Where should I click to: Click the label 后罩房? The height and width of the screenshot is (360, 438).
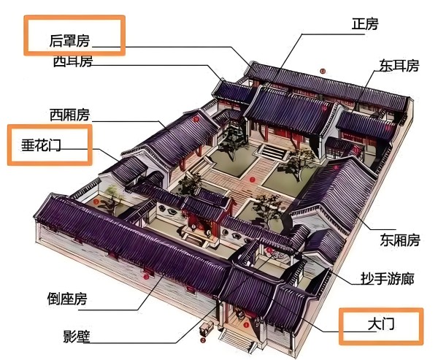70,41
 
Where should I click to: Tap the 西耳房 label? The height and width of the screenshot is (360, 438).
72,61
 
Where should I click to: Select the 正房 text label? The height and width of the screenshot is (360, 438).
365,24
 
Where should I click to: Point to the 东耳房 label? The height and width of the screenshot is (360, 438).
399,66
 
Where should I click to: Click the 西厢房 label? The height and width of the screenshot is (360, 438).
69,115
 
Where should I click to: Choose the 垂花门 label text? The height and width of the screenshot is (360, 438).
41,145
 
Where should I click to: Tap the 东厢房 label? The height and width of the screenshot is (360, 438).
400,240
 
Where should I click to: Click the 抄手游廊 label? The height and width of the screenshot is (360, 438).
387,279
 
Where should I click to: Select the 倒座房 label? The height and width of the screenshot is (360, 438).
67,299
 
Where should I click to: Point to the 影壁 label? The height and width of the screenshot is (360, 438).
77,337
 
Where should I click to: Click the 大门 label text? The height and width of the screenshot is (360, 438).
381,324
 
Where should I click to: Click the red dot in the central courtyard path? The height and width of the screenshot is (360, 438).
253,180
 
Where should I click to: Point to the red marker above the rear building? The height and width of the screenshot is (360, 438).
323,71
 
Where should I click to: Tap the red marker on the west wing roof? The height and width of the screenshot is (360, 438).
196,119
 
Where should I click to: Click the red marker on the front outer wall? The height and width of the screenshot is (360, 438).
146,277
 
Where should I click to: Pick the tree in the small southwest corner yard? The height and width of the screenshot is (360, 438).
112,197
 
